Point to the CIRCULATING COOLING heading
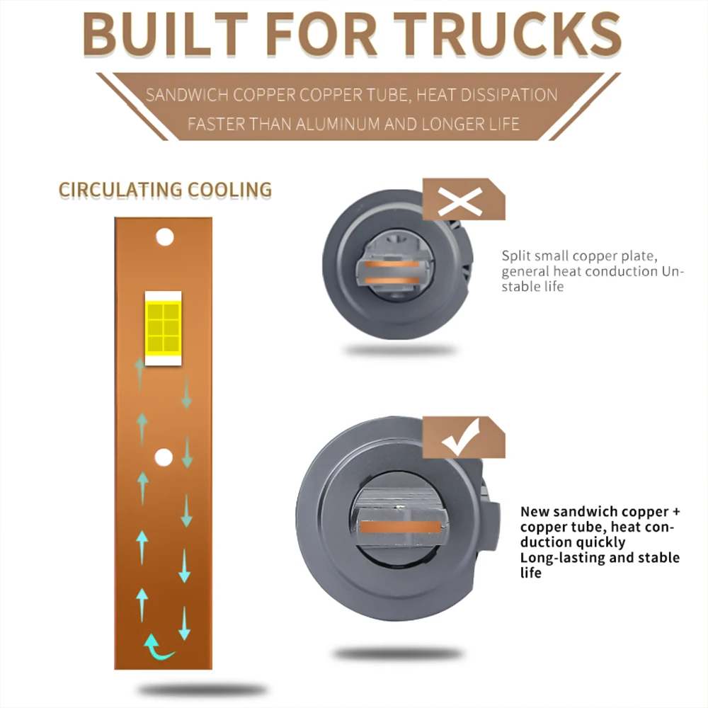click(165, 190)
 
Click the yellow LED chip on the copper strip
click(163, 327)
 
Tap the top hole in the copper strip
click(165, 237)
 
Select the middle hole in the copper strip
click(164, 457)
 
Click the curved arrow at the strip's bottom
click(159, 646)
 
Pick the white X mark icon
click(459, 202)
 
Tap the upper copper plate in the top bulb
click(392, 265)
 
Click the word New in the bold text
click(535, 511)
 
